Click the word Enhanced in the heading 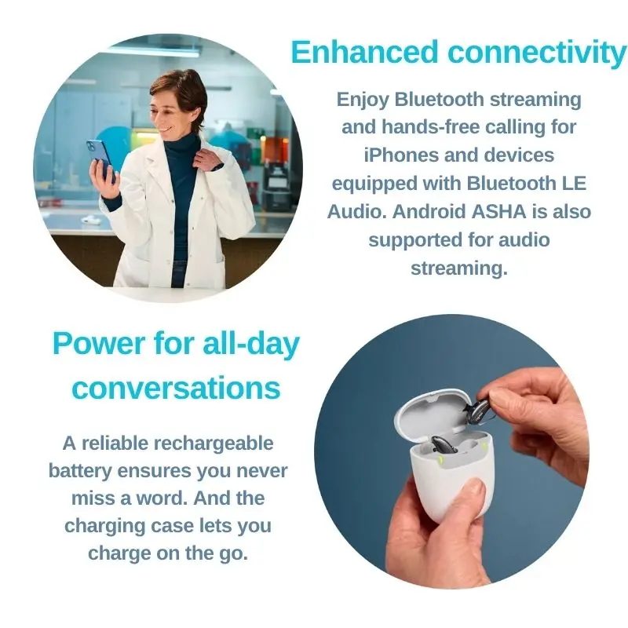(x=364, y=52)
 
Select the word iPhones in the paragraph (x=401, y=155)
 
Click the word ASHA (x=498, y=211)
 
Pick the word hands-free (x=430, y=127)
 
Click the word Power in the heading (x=99, y=344)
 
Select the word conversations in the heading (x=176, y=388)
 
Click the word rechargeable (x=214, y=444)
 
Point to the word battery (x=80, y=472)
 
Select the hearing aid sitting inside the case (x=444, y=444)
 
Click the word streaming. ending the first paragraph (x=459, y=268)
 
